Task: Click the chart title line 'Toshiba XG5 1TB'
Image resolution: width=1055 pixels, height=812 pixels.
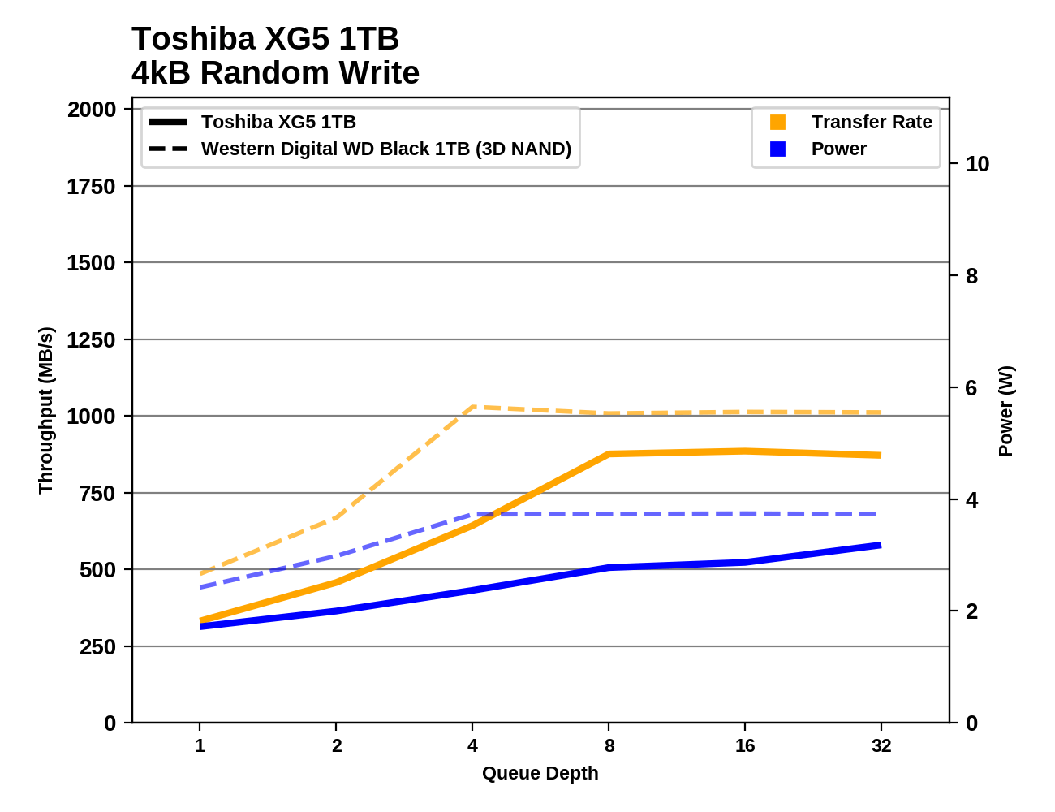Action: (265, 39)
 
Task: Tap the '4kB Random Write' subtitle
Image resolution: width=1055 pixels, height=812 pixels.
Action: (275, 73)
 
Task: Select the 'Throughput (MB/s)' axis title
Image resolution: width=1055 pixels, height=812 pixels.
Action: (45, 410)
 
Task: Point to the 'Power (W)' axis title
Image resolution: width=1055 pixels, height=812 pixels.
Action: (1005, 411)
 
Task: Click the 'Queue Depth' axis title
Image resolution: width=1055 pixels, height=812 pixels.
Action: (540, 773)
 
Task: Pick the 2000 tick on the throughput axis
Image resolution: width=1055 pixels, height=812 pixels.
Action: (92, 110)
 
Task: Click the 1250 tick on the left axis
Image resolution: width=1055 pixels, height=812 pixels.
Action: (92, 340)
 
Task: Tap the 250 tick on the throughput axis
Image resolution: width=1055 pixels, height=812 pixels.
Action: (97, 647)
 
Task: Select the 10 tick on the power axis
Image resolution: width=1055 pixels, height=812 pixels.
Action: (977, 164)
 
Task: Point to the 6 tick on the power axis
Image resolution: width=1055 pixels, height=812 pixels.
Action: (971, 388)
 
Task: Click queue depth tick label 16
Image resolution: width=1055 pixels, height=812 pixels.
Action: (744, 745)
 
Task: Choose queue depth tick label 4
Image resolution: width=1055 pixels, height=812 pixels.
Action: (472, 745)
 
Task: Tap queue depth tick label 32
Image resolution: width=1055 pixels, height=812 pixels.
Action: (881, 745)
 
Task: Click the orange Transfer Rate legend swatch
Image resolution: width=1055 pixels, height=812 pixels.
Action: (777, 123)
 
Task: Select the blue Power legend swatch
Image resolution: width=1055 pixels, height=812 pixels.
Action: (777, 149)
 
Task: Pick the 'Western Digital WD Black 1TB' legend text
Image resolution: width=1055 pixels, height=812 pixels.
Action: (385, 149)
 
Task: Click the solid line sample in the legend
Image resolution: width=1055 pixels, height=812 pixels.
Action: (168, 123)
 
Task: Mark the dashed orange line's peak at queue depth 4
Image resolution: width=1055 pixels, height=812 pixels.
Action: (472, 407)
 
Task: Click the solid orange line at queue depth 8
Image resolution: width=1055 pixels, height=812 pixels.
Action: (609, 454)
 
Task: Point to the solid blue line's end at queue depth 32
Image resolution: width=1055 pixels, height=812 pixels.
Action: (881, 545)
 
